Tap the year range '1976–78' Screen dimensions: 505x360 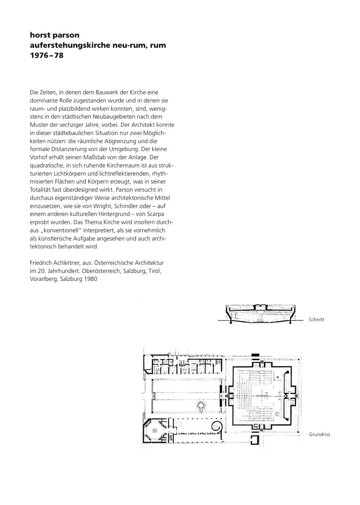47,56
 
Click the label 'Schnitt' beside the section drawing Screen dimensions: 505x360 316,320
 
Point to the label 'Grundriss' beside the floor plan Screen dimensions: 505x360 319,435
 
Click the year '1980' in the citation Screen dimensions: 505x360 90,279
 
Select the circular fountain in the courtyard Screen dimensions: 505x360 202,405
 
